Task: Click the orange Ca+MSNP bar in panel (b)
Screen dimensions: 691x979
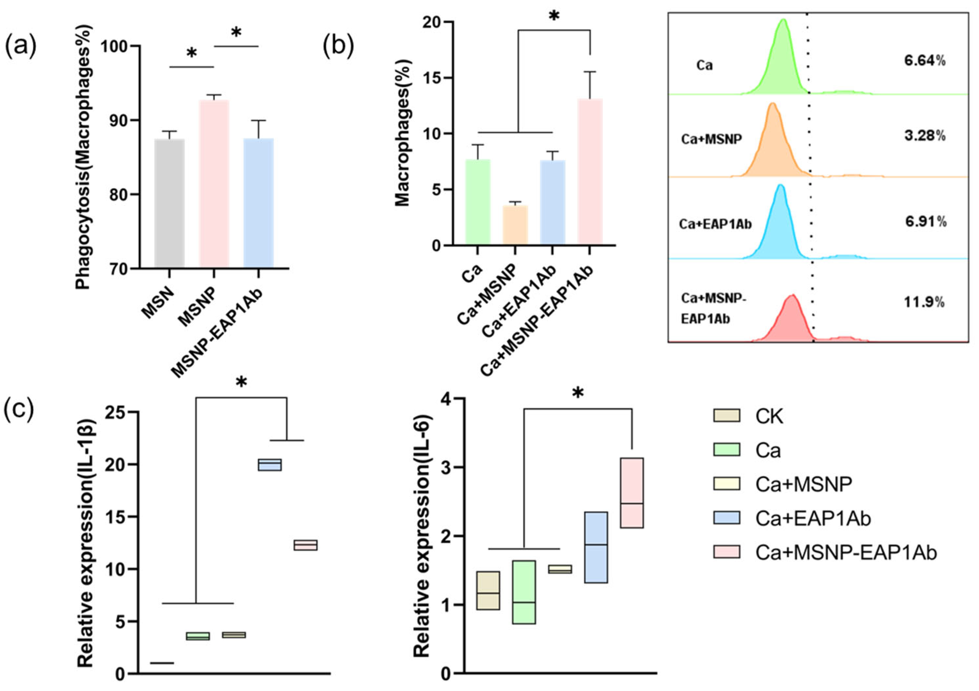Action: [x=515, y=226]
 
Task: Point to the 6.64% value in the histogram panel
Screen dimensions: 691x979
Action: [x=924, y=61]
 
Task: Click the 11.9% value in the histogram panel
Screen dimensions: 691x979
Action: [x=924, y=302]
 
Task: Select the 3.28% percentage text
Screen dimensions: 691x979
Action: [x=924, y=136]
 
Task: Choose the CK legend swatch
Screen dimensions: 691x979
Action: [x=726, y=416]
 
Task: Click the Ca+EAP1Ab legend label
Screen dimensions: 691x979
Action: [x=813, y=518]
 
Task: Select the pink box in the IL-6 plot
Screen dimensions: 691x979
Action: [x=632, y=493]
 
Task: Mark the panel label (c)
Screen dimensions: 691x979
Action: [x=19, y=409]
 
